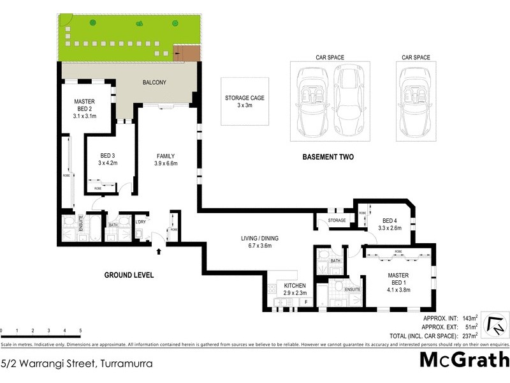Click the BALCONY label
(154, 82)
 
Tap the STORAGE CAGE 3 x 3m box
(244, 101)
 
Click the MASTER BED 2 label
(84, 109)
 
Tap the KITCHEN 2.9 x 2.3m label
(295, 289)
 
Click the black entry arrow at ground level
(159, 252)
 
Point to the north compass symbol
(495, 325)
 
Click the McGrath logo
(464, 360)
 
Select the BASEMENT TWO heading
(328, 157)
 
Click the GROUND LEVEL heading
(129, 275)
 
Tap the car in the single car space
(417, 102)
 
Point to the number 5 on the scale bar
(80, 331)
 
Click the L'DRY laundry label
(142, 222)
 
